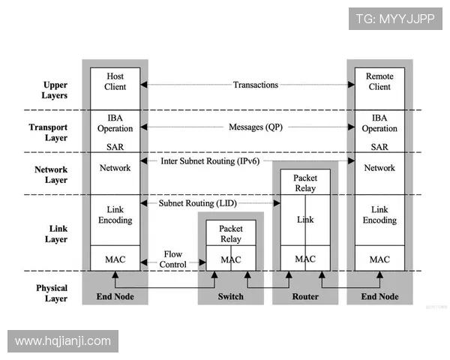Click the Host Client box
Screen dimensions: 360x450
click(x=115, y=82)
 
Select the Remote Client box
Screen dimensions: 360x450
click(x=379, y=82)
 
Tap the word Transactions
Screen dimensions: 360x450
click(x=255, y=85)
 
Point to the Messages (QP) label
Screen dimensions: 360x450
click(x=255, y=127)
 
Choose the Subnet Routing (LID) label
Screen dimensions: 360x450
click(x=197, y=204)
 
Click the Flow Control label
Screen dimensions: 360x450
click(x=172, y=259)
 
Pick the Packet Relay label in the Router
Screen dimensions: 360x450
click(x=305, y=183)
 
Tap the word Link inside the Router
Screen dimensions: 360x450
click(x=305, y=220)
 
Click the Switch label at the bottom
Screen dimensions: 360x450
click(x=231, y=296)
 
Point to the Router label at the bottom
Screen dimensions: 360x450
click(x=305, y=296)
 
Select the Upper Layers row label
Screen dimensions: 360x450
click(x=55, y=91)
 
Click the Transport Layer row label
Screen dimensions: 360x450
click(x=48, y=133)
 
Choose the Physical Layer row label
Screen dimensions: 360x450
click(x=52, y=293)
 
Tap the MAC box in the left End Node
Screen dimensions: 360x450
click(x=115, y=259)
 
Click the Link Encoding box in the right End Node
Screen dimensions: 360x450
click(x=379, y=215)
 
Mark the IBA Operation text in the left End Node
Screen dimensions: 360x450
click(x=115, y=123)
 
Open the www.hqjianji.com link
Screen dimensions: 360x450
click(x=63, y=341)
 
